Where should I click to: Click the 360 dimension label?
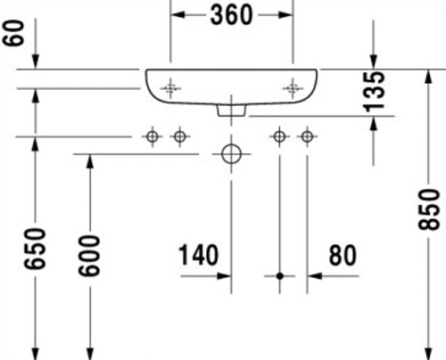click(x=232, y=15)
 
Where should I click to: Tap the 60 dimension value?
click(x=13, y=33)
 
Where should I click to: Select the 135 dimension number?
click(x=375, y=92)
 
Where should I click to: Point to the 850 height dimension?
click(x=428, y=209)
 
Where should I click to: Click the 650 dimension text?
click(x=35, y=249)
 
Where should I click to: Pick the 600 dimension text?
click(x=89, y=256)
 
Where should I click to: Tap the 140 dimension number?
click(x=198, y=255)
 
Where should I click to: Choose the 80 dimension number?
click(x=343, y=255)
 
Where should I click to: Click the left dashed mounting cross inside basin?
click(x=170, y=88)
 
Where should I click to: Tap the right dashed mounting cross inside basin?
click(x=293, y=88)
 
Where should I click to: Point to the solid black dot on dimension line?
click(x=280, y=276)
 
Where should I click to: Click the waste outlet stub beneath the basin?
click(x=232, y=110)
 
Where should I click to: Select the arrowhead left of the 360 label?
click(x=178, y=15)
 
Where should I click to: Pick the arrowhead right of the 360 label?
click(x=285, y=15)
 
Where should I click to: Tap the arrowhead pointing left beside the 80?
click(x=315, y=276)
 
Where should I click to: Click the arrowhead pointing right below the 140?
click(x=224, y=276)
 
